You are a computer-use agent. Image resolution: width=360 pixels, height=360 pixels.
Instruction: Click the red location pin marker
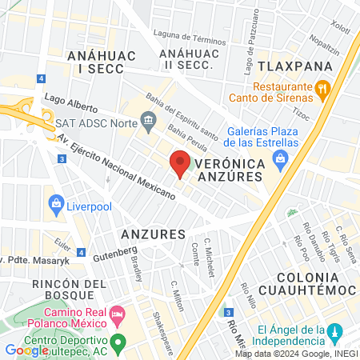(x=180, y=162)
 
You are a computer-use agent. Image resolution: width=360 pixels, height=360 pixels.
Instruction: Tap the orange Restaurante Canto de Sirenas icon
(x=322, y=87)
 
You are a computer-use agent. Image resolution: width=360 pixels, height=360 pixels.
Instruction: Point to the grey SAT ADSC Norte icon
(x=148, y=122)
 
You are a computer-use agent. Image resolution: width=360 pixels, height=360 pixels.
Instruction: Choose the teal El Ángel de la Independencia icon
(x=337, y=331)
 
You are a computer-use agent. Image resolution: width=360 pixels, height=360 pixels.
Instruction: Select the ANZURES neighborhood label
(x=153, y=234)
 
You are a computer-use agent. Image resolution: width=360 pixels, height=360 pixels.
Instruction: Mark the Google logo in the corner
(x=22, y=350)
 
